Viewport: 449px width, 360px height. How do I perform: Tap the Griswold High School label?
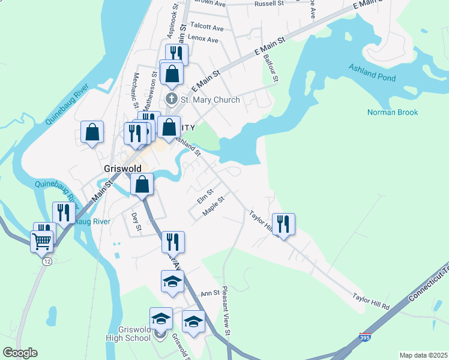(x=130, y=333)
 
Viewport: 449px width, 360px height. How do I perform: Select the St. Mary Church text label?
(x=210, y=100)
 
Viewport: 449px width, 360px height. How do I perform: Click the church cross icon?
(x=171, y=99)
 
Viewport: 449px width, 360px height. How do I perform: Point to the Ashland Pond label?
(x=372, y=76)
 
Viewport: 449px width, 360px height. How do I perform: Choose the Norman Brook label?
(x=393, y=112)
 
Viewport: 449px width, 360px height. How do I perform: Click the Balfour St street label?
(x=271, y=68)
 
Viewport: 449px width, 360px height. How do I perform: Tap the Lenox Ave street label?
(x=203, y=38)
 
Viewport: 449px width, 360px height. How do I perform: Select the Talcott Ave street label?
(x=206, y=28)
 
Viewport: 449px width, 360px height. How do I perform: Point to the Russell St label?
(x=268, y=4)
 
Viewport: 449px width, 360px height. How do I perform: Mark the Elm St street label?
(x=205, y=193)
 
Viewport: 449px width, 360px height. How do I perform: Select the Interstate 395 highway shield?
(x=365, y=338)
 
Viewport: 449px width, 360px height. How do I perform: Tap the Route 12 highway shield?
(x=46, y=262)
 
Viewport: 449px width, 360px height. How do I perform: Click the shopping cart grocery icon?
(x=41, y=241)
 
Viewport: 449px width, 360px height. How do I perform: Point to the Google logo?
(x=20, y=353)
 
